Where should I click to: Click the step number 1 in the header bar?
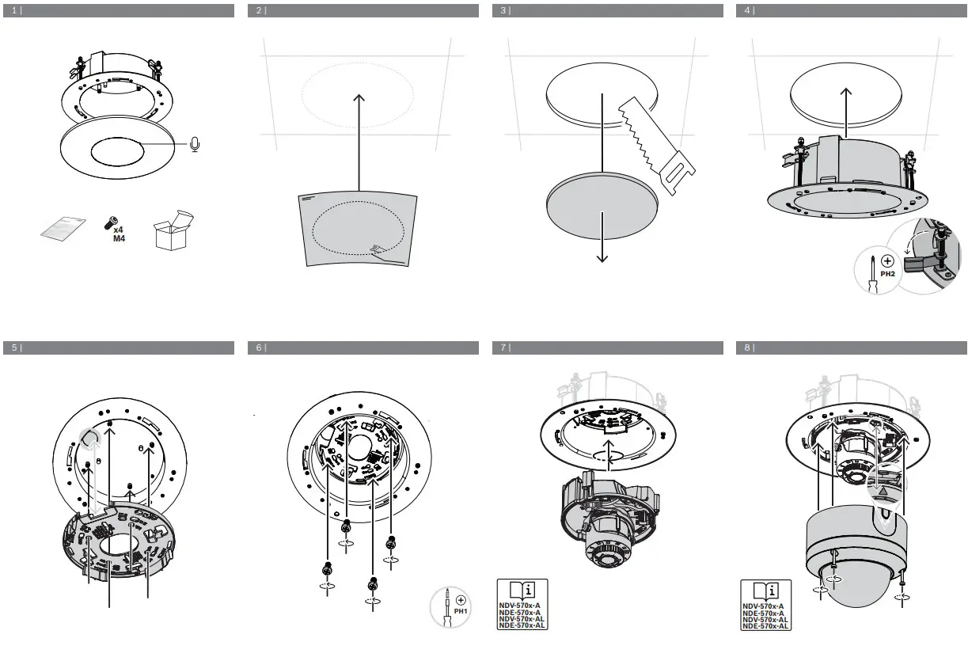click(14, 11)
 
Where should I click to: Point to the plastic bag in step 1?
click(63, 229)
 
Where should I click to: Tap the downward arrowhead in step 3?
click(603, 257)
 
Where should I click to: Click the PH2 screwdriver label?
click(887, 273)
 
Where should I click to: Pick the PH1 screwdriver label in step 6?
click(461, 611)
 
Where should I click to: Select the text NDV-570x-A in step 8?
click(763, 607)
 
